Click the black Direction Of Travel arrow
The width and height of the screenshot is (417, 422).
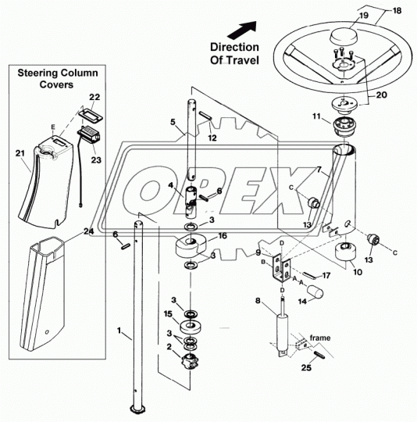point(242,30)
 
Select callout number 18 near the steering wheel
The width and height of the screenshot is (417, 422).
point(397,10)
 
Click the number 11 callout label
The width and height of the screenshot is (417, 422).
point(316,116)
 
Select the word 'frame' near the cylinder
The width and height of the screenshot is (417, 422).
point(320,338)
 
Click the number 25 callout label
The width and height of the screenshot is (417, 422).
point(306,367)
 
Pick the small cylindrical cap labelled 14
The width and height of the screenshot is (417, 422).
point(315,292)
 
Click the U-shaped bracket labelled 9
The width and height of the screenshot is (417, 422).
point(281,268)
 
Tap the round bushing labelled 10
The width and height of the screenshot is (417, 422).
point(345,252)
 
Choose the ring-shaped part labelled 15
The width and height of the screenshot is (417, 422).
point(191,326)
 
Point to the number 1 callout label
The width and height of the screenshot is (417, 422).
point(119,331)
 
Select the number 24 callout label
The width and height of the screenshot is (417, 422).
point(88,231)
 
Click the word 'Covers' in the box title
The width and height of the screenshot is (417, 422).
point(56,84)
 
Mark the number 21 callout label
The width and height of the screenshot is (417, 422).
point(20,153)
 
